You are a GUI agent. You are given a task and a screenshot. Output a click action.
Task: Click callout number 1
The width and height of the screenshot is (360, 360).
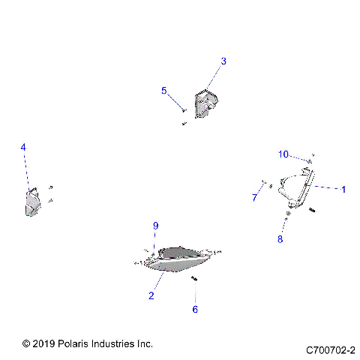(x=343, y=190)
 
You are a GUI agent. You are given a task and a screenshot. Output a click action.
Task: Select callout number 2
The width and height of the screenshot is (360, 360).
(x=151, y=295)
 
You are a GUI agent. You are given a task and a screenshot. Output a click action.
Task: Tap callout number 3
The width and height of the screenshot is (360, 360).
(x=223, y=61)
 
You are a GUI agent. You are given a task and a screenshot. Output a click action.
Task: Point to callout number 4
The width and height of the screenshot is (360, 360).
(x=23, y=148)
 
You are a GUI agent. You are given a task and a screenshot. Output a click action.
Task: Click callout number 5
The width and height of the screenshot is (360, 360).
(x=163, y=91)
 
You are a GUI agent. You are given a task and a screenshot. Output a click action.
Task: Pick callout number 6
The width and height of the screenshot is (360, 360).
(x=195, y=308)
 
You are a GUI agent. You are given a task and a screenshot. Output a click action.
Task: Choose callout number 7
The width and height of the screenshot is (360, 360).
(x=254, y=198)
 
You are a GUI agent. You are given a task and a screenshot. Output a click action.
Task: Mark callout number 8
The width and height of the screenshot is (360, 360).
(x=280, y=239)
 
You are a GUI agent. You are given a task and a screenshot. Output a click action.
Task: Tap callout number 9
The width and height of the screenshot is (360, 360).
(x=156, y=226)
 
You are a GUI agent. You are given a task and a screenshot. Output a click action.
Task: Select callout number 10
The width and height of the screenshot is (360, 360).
(x=283, y=154)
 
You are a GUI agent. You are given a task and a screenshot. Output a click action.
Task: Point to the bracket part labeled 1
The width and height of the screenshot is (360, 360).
(x=300, y=189)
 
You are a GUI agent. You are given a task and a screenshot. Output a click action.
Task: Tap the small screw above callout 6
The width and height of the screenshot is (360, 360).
(x=193, y=280)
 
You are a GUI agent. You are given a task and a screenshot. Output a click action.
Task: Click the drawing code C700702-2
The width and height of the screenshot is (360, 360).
(x=330, y=349)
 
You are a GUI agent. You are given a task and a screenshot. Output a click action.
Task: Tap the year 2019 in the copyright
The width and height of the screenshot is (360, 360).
(x=43, y=343)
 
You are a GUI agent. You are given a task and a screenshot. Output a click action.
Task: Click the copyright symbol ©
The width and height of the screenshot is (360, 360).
(x=26, y=343)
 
